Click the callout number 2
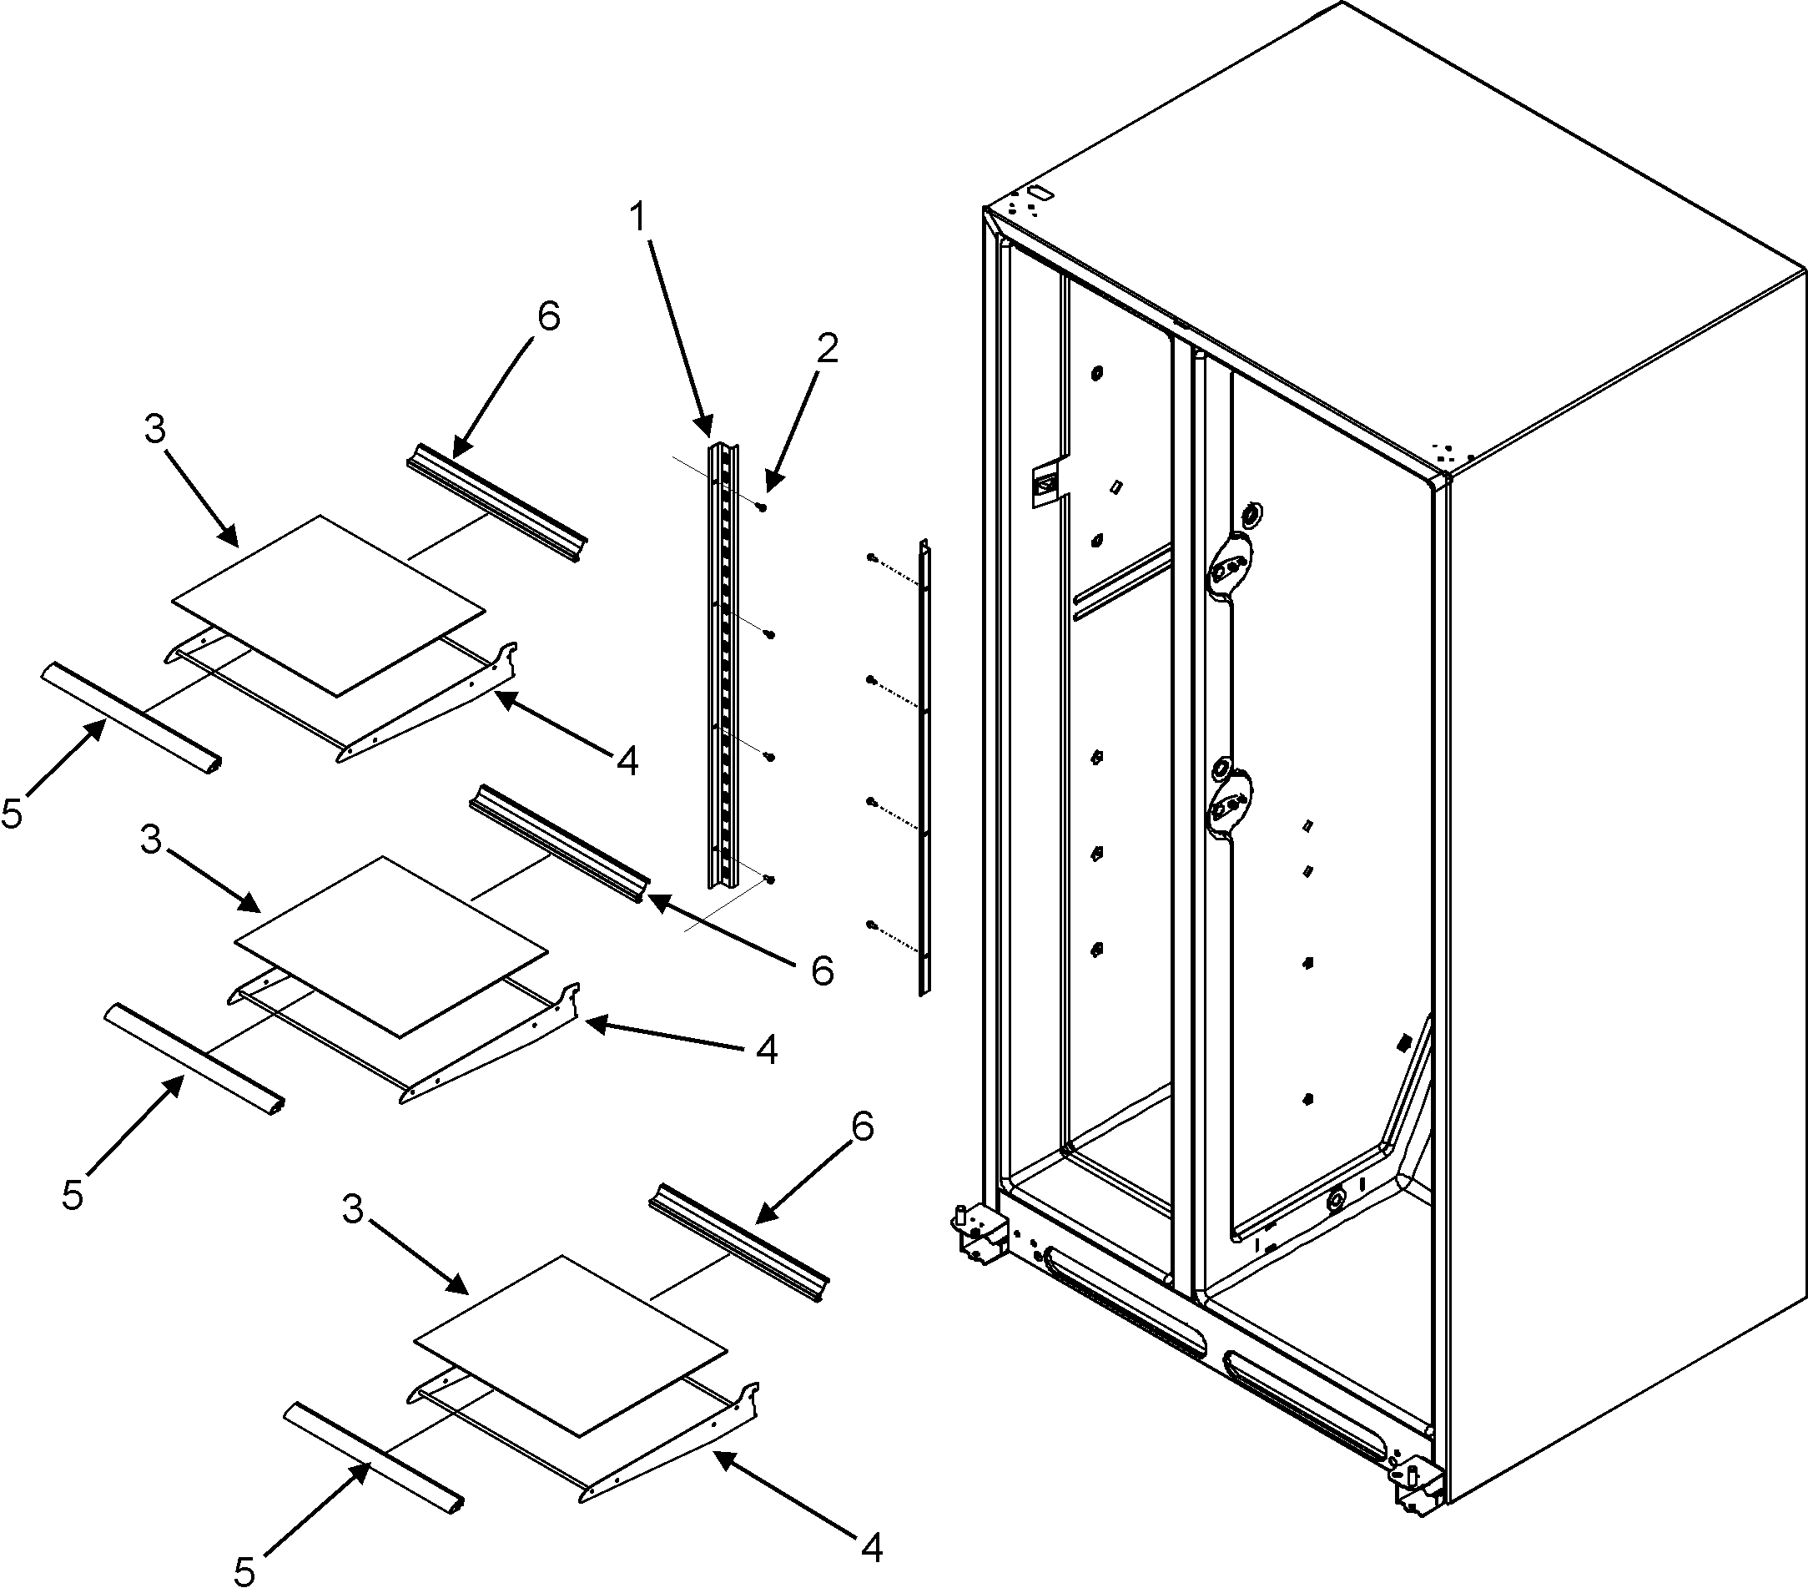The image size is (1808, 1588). (826, 350)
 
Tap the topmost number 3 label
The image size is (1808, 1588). (154, 430)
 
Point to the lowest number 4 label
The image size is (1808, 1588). (871, 1548)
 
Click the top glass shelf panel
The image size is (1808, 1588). (328, 605)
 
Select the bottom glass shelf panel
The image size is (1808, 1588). (571, 1343)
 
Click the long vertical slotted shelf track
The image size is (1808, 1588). (723, 663)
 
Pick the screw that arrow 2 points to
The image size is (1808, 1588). (762, 507)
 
